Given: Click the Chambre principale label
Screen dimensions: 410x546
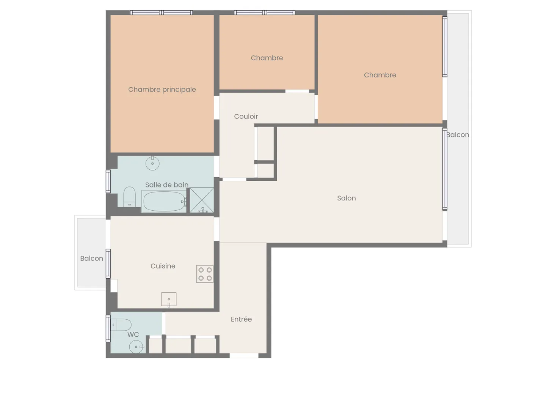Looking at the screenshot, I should tap(162, 90).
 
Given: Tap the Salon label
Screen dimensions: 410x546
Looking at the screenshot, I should tap(346, 198).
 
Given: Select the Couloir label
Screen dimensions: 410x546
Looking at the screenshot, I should tap(246, 117).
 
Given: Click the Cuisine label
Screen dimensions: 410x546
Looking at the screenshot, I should tap(163, 266).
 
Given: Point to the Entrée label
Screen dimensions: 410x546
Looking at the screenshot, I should tap(241, 319).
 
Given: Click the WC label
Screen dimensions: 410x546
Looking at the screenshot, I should tap(133, 334).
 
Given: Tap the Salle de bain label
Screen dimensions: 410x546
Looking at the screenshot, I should tap(166, 185).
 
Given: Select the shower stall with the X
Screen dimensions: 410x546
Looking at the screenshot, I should tap(201, 200).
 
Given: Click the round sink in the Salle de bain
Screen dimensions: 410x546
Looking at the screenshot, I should tap(152, 163).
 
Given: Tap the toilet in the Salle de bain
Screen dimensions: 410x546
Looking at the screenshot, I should tap(129, 196).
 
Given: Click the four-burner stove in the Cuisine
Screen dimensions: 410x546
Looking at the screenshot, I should tap(205, 274).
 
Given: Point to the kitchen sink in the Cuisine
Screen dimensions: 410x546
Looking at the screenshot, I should tap(169, 299).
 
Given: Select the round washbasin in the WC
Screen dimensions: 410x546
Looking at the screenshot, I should tap(136, 347).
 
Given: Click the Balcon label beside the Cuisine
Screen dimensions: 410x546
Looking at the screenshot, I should tap(91, 259).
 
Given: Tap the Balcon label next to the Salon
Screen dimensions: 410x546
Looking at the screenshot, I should tap(458, 135).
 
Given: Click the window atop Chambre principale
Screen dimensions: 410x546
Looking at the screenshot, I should tap(162, 13).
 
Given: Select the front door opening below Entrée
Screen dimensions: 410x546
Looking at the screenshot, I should tap(244, 356).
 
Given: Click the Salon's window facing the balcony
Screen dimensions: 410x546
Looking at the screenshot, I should tap(445, 169).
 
